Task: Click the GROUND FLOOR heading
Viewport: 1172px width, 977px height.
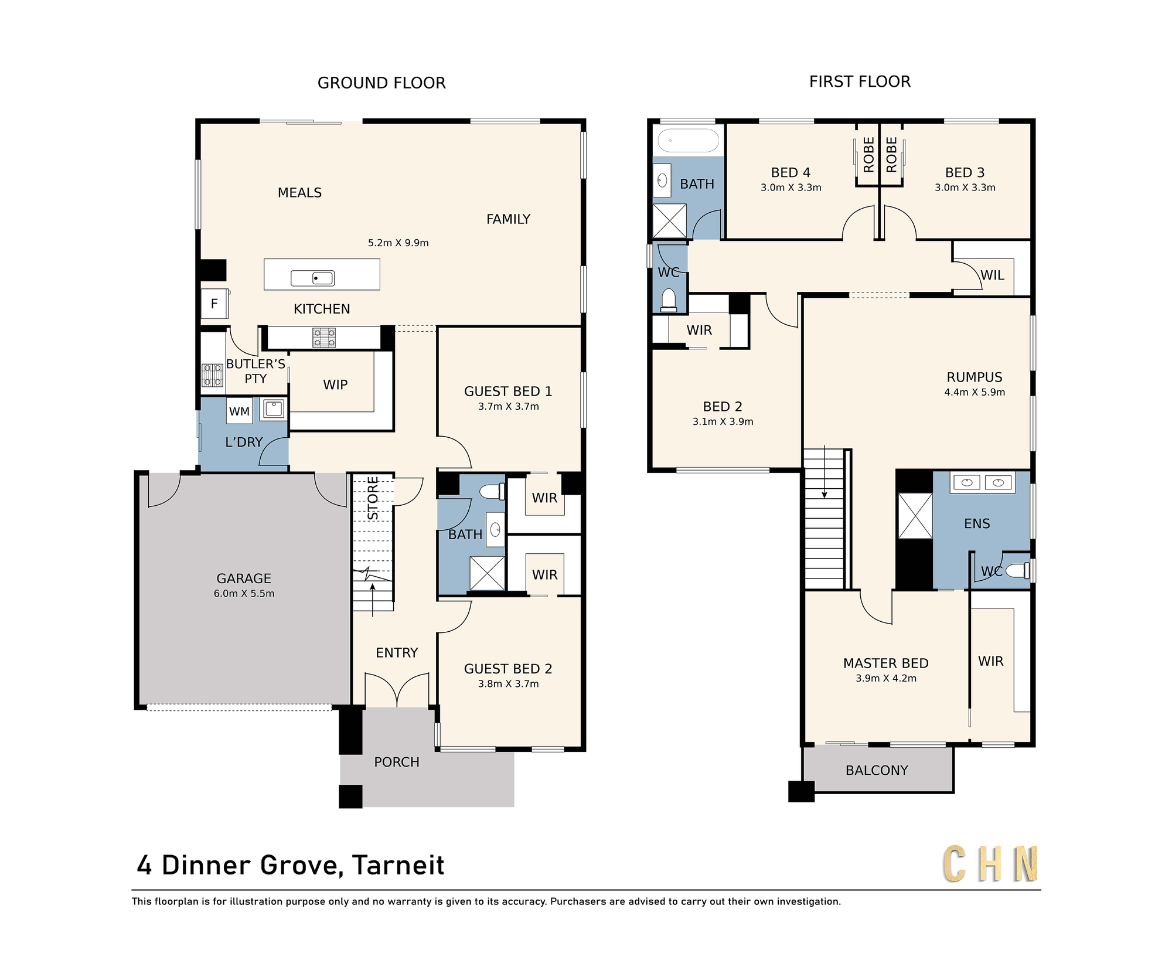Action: (x=381, y=83)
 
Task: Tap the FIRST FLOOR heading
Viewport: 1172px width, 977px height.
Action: (x=860, y=81)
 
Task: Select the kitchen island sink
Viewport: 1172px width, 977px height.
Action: (x=312, y=278)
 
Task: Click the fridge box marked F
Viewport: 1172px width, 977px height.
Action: (x=214, y=304)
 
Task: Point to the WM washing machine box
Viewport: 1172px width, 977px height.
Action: (x=239, y=411)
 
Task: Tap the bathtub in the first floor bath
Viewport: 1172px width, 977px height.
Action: (x=688, y=141)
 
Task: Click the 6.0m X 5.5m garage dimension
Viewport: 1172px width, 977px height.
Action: (x=244, y=594)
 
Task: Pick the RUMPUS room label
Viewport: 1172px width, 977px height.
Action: (x=975, y=377)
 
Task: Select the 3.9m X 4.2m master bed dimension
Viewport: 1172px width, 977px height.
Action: (x=886, y=679)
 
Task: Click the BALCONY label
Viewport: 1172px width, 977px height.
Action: (x=877, y=771)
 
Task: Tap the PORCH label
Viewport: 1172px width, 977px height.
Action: (x=397, y=762)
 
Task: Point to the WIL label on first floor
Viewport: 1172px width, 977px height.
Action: (x=992, y=275)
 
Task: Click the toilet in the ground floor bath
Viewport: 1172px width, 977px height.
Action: (x=492, y=491)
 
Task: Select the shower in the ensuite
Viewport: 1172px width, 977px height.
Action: (x=915, y=516)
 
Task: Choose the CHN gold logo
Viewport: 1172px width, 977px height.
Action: (x=990, y=864)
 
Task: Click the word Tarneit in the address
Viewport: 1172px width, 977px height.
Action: (x=398, y=866)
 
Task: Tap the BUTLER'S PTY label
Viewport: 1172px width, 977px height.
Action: (x=255, y=372)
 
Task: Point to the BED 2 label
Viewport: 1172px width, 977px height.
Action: (x=723, y=407)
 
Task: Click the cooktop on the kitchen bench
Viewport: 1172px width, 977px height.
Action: (x=324, y=338)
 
